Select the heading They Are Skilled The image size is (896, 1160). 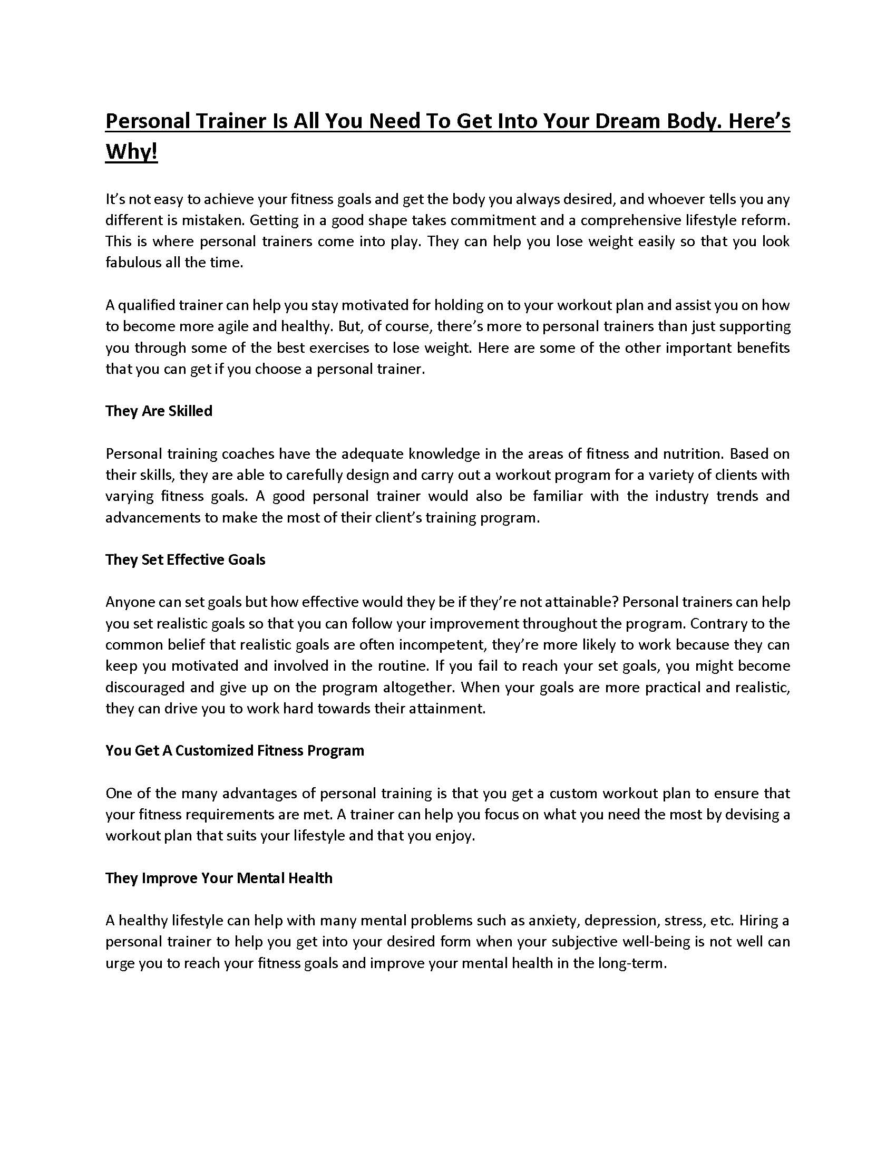click(159, 411)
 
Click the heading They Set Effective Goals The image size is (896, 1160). click(185, 560)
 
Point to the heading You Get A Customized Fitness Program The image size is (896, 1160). click(235, 750)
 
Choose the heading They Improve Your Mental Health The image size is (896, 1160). click(219, 878)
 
